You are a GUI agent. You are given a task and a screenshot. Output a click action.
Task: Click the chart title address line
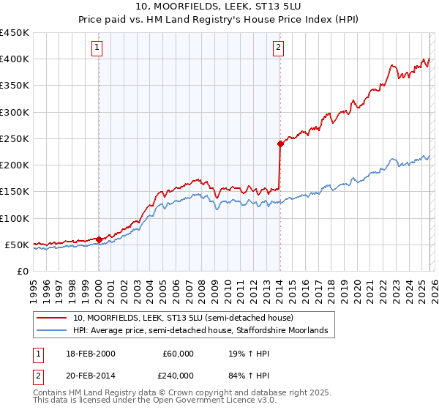[219, 6]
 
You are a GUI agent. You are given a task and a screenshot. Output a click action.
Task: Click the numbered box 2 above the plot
[279, 48]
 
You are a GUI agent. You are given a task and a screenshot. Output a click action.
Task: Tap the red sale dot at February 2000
[99, 239]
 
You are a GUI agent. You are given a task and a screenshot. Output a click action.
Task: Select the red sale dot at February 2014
[280, 143]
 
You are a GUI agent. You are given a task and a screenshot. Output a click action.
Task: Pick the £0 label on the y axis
[22, 271]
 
